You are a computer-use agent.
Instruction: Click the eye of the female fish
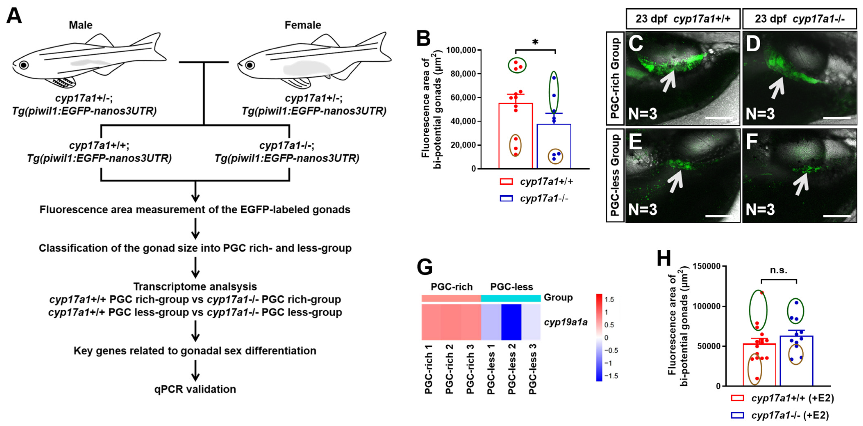tap(250, 65)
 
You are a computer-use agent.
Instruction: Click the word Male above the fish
tap(80, 25)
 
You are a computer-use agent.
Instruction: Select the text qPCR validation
tap(195, 389)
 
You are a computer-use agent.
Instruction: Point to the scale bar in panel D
tap(837, 118)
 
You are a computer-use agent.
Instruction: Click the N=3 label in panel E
tap(642, 210)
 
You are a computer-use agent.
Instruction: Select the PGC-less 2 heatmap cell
tap(511, 322)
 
